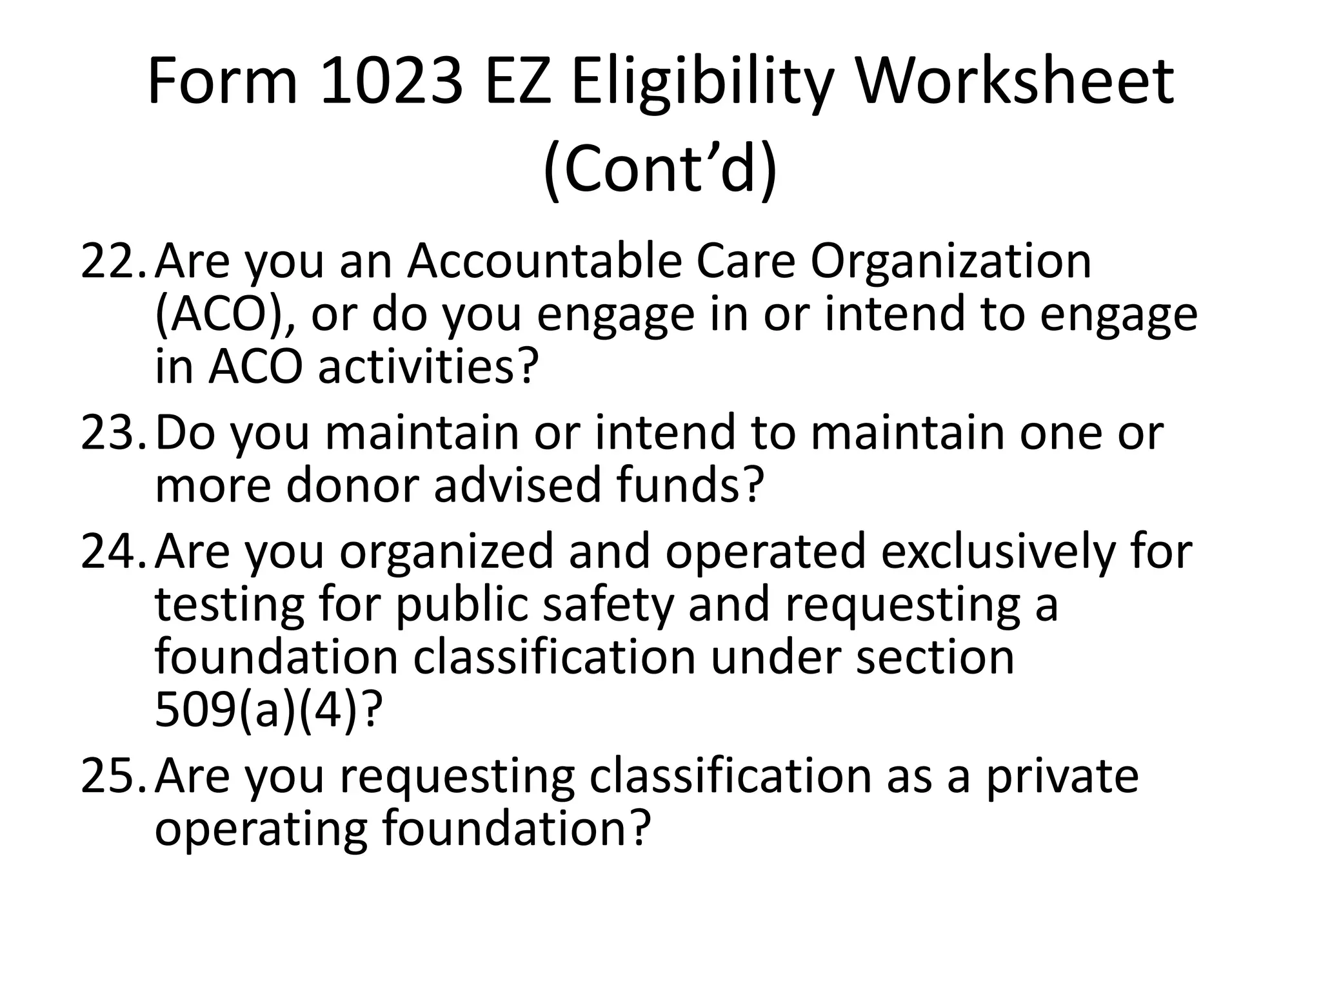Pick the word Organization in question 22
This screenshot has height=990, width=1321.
click(x=951, y=263)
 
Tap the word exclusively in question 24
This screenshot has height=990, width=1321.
click(x=997, y=552)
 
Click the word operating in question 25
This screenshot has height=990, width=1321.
click(x=261, y=830)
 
